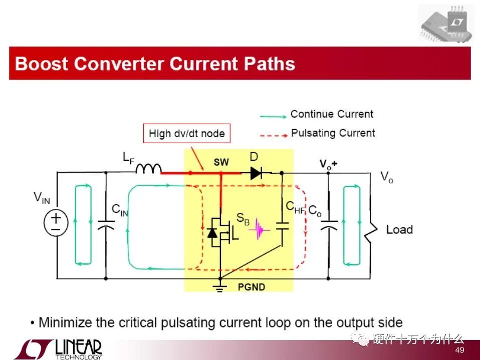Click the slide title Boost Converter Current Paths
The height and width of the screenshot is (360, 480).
click(x=155, y=64)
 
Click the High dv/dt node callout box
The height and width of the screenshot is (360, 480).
click(x=186, y=134)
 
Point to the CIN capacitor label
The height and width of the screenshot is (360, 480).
click(x=119, y=211)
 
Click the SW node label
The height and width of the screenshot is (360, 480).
click(x=221, y=162)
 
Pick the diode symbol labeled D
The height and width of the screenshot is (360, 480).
click(x=255, y=173)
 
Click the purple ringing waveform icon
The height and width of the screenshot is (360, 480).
click(x=260, y=229)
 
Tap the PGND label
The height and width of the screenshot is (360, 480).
click(x=252, y=287)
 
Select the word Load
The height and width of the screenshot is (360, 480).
click(x=399, y=230)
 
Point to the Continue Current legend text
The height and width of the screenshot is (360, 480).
click(x=332, y=114)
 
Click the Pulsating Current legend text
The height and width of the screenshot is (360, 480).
click(x=333, y=133)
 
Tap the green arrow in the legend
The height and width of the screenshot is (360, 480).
click(x=273, y=116)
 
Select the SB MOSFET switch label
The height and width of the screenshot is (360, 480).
click(x=243, y=218)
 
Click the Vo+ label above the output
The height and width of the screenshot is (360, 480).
click(x=329, y=164)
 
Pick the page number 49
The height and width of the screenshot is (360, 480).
click(x=459, y=349)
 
